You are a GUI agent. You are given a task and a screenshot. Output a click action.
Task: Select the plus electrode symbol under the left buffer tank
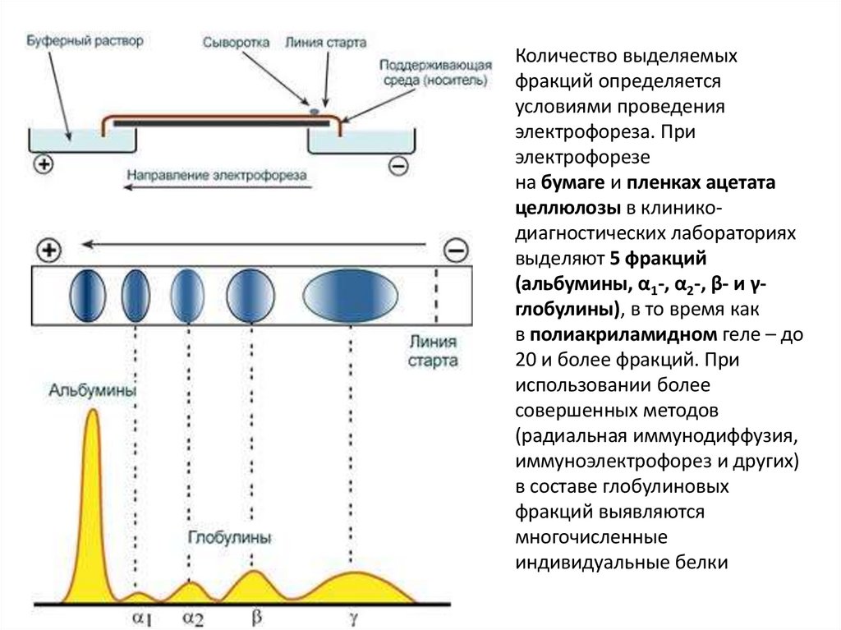[x=43, y=164]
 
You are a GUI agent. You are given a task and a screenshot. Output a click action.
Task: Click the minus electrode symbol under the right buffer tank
[x=397, y=165]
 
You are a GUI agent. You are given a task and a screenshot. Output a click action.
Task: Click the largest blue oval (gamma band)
[x=350, y=293]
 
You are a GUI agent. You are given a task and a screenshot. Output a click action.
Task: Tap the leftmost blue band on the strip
[x=87, y=293]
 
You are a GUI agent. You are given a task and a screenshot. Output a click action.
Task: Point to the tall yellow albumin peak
[x=90, y=460]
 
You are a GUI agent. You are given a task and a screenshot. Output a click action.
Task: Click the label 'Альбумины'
[x=92, y=390]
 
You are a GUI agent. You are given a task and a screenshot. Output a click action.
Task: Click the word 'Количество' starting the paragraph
[x=563, y=57]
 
